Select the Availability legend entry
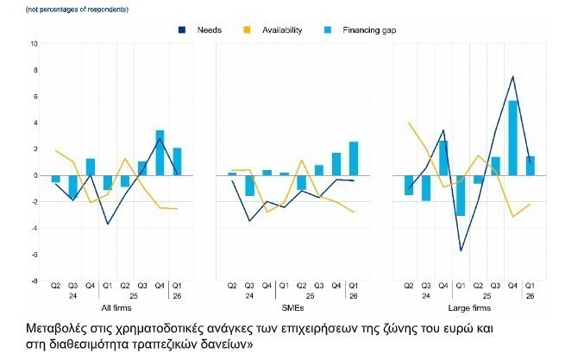tap(282, 30)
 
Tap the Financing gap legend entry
tap(370, 30)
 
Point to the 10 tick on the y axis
tap(35, 43)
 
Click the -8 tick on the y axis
tap(35, 281)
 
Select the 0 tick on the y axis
tap(35, 175)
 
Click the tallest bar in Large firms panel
tap(513, 138)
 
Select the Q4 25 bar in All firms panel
tap(160, 153)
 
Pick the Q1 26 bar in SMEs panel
tap(354, 159)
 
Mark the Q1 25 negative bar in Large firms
tap(461, 195)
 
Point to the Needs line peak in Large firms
tap(513, 77)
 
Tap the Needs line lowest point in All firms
tap(108, 224)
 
